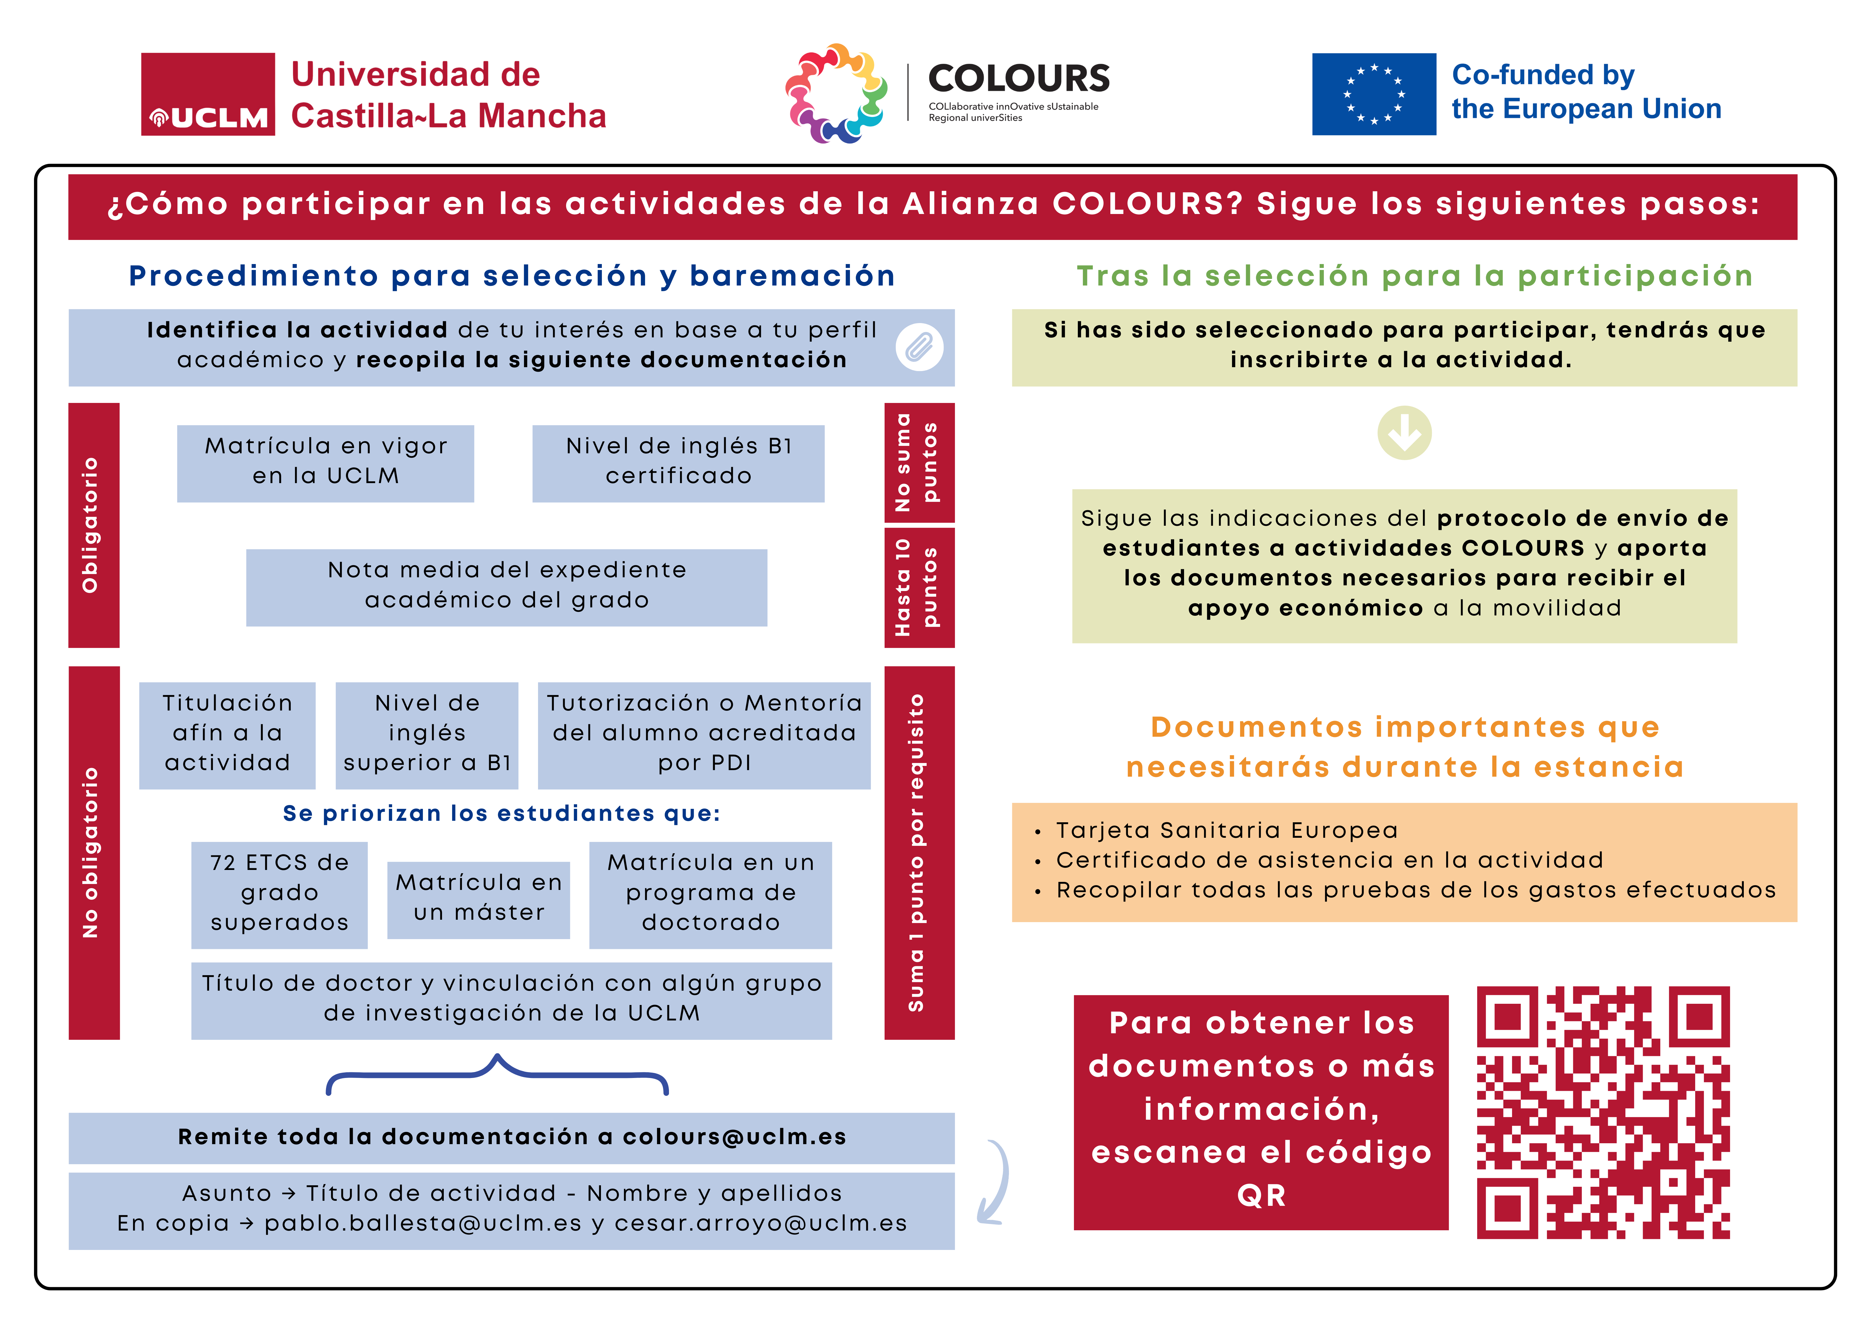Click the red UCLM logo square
[x=208, y=94]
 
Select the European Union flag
[x=1374, y=94]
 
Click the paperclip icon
[x=919, y=347]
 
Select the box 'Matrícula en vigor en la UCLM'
[x=326, y=463]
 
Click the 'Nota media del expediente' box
[x=507, y=587]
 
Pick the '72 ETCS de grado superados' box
[x=279, y=894]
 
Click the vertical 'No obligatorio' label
[x=93, y=852]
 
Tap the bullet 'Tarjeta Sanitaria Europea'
[x=1226, y=830]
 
